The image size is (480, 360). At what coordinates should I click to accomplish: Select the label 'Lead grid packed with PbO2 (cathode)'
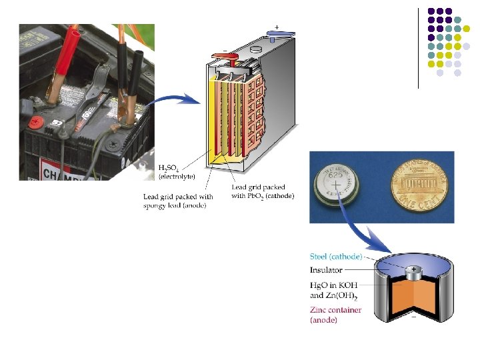(262, 192)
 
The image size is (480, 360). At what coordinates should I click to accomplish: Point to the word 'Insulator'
(326, 270)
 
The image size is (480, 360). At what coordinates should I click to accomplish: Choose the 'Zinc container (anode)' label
(336, 315)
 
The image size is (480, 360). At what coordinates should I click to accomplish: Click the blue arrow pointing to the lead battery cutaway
(174, 100)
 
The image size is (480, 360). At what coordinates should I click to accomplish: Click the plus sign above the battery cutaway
(276, 27)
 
